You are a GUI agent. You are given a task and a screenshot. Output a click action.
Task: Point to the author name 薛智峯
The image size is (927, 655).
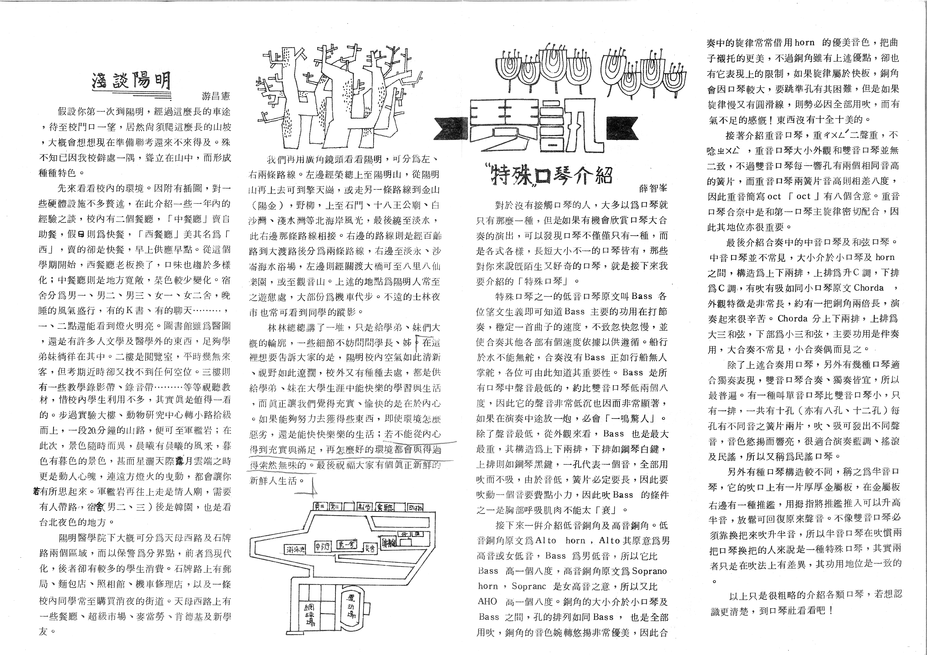coord(653,188)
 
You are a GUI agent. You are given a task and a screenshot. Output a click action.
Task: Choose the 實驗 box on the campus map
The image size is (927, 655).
coord(386,507)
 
